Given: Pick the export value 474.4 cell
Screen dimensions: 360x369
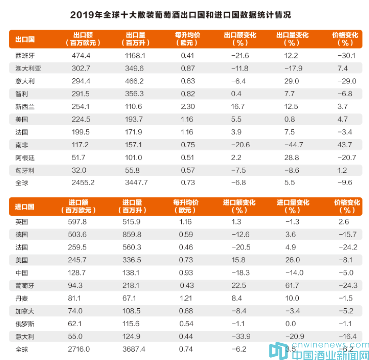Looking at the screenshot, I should [81, 55].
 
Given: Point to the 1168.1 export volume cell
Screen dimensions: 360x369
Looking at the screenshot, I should [135, 55].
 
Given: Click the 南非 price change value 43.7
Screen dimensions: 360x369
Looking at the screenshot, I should [345, 145].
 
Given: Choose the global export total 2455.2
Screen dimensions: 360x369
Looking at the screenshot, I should [82, 183].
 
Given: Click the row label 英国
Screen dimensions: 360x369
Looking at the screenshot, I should [22, 221].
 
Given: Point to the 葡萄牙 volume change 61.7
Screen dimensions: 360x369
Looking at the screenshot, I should [291, 285].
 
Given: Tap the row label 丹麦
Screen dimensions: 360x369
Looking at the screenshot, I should [22, 298].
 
